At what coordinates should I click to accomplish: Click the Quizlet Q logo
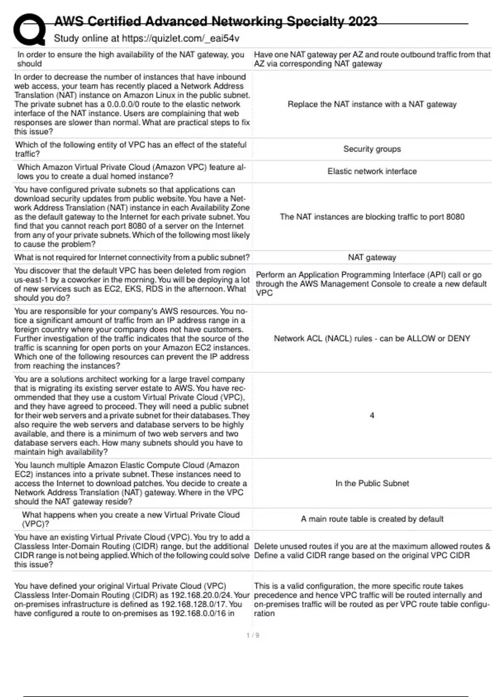[x=29, y=29]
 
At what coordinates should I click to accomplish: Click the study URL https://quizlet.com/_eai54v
[x=180, y=39]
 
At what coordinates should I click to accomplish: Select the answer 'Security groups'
[x=372, y=149]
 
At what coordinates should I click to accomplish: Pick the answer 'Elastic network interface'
[x=372, y=171]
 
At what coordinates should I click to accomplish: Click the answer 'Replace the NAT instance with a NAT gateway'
[x=372, y=105]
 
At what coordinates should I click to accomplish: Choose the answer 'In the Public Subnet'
[x=372, y=483]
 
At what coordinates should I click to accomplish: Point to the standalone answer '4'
[x=372, y=415]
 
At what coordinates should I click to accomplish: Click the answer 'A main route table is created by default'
[x=372, y=519]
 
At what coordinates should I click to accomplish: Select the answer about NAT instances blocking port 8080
[x=372, y=217]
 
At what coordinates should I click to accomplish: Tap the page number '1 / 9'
[x=253, y=635]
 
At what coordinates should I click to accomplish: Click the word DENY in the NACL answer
[x=458, y=339]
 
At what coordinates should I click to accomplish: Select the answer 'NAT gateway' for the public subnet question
[x=372, y=257]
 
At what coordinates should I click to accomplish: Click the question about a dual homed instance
[x=131, y=172]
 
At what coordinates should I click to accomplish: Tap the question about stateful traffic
[x=131, y=149]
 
